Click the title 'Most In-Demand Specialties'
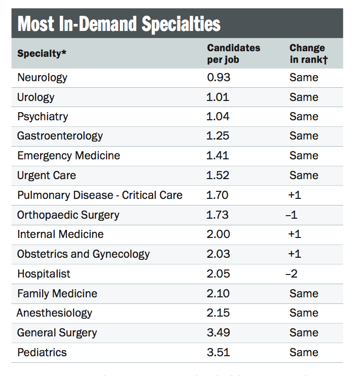(119, 24)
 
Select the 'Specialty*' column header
(42, 53)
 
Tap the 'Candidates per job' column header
(233, 53)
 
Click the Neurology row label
(42, 78)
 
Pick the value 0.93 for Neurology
(218, 78)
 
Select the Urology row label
(35, 97)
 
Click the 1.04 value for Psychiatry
(218, 117)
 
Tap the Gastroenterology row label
(60, 136)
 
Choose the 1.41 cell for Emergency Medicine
(218, 156)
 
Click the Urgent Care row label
(47, 176)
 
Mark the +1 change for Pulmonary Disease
(294, 195)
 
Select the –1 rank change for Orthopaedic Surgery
(291, 215)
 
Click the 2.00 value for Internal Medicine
(218, 234)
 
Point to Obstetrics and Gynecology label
(83, 254)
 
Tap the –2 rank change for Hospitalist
(291, 274)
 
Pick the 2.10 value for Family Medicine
(218, 293)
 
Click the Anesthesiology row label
(54, 313)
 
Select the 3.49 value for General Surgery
(218, 333)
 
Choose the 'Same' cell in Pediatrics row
(304, 352)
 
